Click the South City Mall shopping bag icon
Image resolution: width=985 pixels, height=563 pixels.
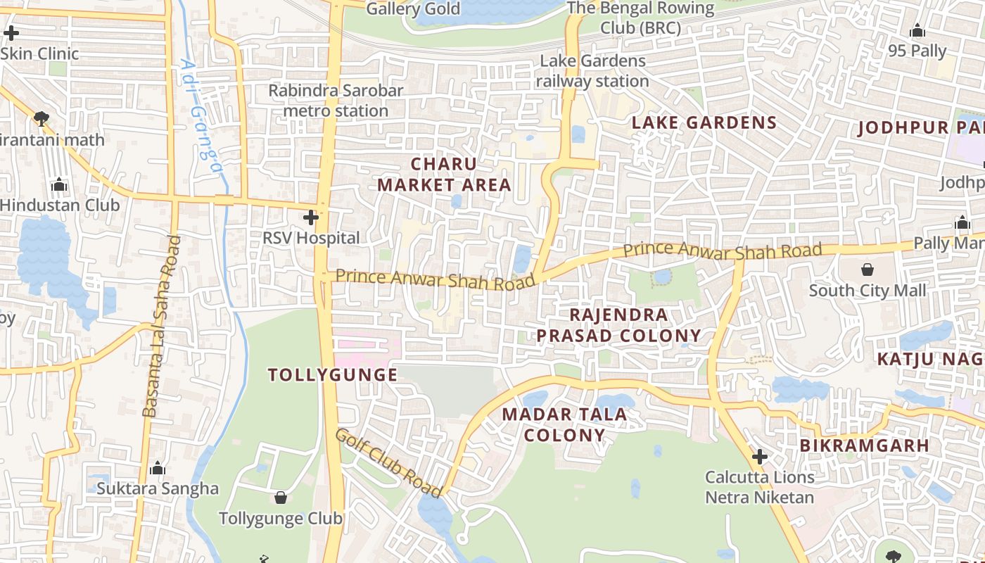tap(868, 270)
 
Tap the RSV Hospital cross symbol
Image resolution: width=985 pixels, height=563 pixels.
tap(311, 217)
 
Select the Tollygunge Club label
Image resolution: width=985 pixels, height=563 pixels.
tap(281, 519)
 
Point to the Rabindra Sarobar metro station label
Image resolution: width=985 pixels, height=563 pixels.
tap(336, 101)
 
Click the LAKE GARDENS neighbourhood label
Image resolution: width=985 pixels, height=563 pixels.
tap(704, 122)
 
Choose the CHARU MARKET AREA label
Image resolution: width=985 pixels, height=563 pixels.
tap(444, 175)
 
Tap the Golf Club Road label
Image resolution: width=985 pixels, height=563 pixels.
tap(388, 462)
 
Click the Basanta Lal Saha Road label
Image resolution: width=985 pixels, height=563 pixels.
tap(161, 326)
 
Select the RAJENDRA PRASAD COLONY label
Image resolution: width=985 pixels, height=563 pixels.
tap(619, 325)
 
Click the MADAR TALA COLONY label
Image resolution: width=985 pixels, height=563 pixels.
tap(564, 424)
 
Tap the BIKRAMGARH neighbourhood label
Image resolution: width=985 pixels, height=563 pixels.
tap(865, 445)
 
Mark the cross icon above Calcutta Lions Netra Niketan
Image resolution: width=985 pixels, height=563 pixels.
tap(759, 457)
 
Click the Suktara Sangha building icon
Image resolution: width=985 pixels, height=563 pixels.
tap(158, 468)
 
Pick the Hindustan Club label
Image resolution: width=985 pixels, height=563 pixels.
tap(60, 205)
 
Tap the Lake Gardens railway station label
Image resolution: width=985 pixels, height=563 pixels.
tap(592, 71)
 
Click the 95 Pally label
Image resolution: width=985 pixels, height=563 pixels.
tap(917, 51)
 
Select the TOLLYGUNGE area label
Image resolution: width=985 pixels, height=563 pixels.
tap(333, 375)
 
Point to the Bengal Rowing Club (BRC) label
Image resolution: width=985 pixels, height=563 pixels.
tap(640, 18)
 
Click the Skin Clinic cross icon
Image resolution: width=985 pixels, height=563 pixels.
tap(11, 32)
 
